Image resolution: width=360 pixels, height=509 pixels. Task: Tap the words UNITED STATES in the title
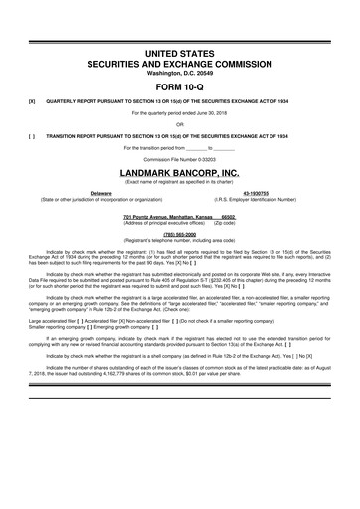[179, 50]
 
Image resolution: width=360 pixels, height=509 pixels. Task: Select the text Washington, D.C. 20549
[179, 72]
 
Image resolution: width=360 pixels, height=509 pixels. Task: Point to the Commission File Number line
[179, 158]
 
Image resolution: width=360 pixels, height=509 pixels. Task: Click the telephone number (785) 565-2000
[179, 235]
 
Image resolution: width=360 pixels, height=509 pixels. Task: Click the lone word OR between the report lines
[179, 124]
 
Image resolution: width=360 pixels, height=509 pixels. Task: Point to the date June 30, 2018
[214, 113]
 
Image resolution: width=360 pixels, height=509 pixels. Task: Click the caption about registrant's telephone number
[179, 241]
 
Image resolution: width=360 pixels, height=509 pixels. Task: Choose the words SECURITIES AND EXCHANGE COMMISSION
[179, 62]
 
